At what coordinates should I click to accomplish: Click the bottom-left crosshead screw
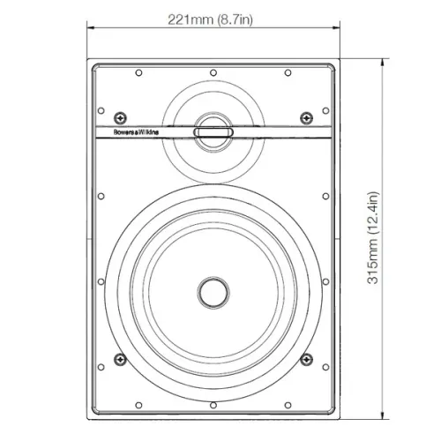tap(120, 359)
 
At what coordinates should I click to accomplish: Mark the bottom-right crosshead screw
tap(307, 359)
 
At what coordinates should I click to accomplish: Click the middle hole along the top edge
tap(213, 73)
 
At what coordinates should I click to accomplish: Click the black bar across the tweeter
tap(213, 133)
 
